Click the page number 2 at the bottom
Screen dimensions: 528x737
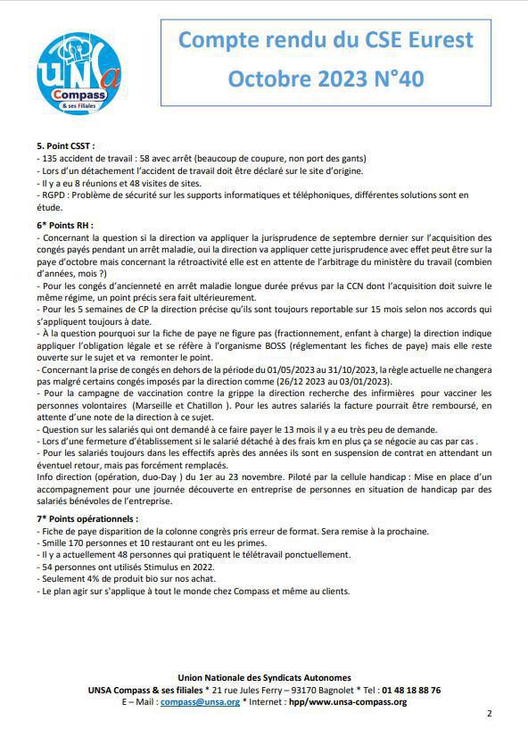click(x=489, y=714)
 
